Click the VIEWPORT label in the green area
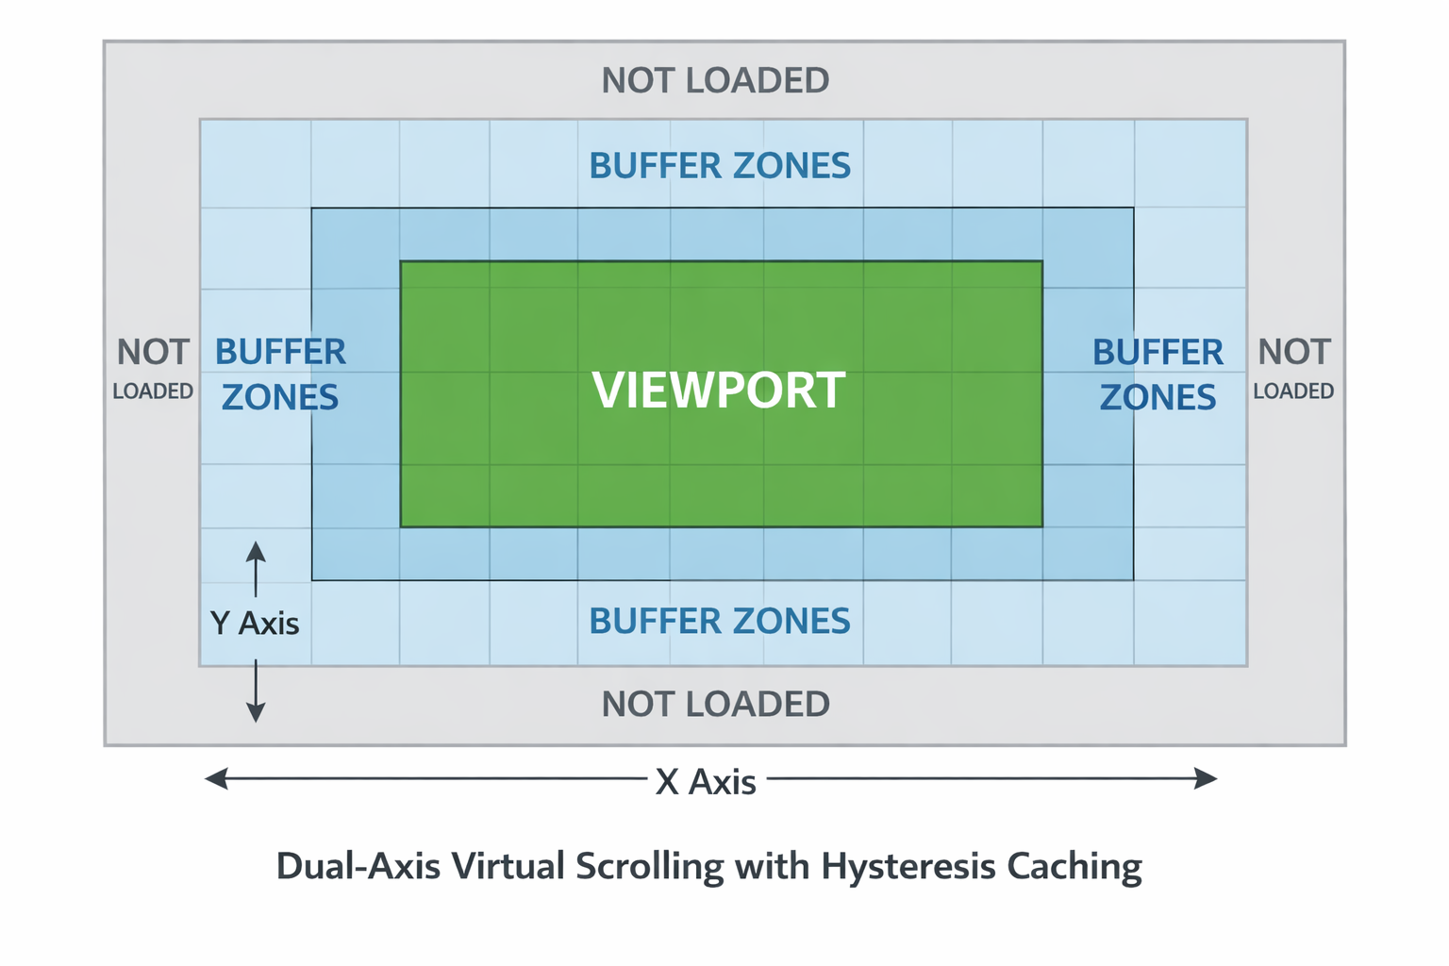[x=718, y=390]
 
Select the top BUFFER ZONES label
[x=720, y=166]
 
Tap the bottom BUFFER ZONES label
[x=720, y=621]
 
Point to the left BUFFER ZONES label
[x=280, y=375]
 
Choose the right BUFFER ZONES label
[x=1158, y=375]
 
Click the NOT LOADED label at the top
[x=715, y=81]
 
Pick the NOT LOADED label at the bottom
[x=715, y=704]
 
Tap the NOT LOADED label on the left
[x=153, y=368]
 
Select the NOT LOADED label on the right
[x=1293, y=368]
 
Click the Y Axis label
[x=255, y=624]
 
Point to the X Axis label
[x=706, y=782]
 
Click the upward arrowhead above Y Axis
[x=256, y=552]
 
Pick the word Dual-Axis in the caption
[x=358, y=866]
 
